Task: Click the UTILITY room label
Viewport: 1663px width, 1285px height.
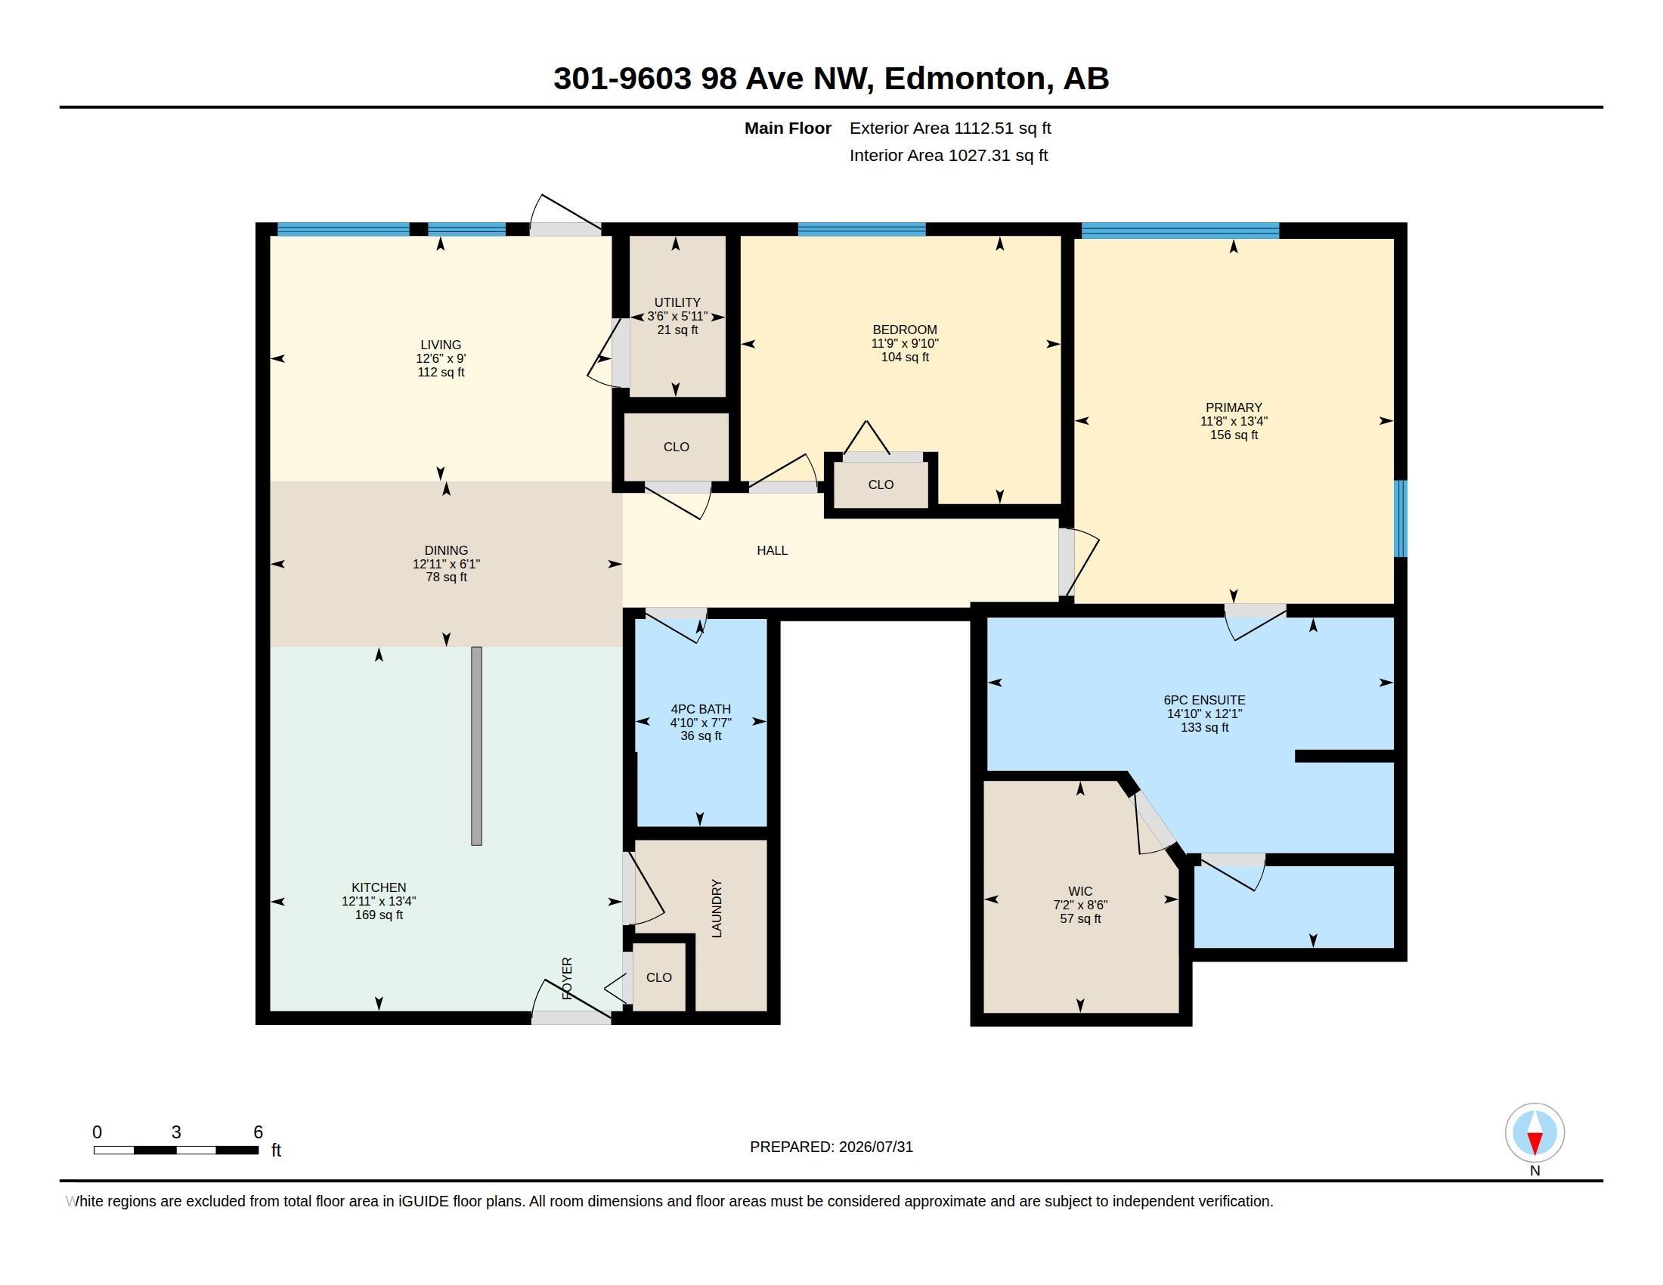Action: point(677,302)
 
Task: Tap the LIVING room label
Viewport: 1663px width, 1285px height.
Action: point(441,345)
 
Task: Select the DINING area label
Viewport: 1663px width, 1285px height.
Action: point(446,550)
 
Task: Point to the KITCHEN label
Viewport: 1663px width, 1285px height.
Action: point(379,887)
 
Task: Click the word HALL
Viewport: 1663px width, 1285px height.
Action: point(772,550)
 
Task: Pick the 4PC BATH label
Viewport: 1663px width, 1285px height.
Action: point(701,709)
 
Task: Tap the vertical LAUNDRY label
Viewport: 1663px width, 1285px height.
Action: point(717,908)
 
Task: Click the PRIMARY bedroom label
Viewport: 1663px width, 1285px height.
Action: point(1234,407)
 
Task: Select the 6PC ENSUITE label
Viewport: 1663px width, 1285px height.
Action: point(1205,701)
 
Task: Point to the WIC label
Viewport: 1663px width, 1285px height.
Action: point(1079,891)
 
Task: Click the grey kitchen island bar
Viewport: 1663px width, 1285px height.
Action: point(477,746)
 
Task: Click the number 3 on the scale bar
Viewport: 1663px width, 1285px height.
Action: point(176,1132)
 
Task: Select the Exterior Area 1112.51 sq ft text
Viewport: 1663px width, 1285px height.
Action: point(950,128)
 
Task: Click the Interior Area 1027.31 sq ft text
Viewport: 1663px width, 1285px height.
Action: point(949,155)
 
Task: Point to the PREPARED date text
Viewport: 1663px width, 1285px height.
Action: point(831,1147)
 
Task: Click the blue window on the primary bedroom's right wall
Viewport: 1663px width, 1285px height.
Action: point(1400,519)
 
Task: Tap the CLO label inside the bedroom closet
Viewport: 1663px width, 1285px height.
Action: point(881,485)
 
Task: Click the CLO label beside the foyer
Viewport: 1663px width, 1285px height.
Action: point(658,977)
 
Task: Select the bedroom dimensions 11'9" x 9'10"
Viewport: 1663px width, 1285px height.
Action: point(905,343)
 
